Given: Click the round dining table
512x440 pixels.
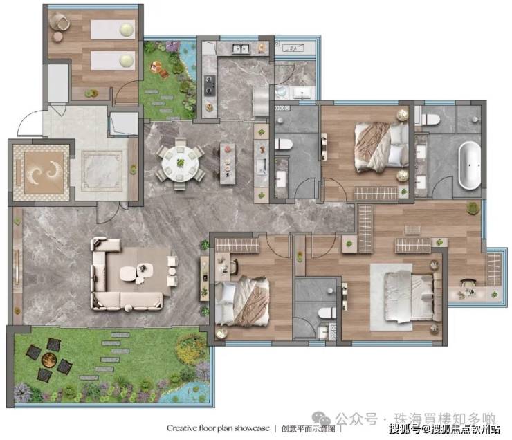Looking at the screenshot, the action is coord(181,163).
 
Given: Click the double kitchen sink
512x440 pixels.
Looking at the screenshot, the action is coord(241,48).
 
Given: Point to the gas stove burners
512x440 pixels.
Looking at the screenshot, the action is coord(210,86).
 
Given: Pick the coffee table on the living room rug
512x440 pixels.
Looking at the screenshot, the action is coord(136,273).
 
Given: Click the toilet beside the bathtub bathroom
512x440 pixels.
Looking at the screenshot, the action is coord(430,119).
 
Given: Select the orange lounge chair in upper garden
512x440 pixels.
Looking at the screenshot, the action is coord(158,69).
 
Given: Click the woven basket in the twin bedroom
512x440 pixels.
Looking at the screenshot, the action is coord(60,21).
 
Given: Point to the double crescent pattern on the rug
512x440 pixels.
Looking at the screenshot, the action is coord(44,171).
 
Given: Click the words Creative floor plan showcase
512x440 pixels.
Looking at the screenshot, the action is coord(218,428).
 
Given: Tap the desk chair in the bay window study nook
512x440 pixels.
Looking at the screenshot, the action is coord(468,283).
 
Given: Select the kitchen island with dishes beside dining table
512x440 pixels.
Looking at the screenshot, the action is coord(228,163).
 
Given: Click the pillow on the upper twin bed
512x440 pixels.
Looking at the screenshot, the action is coord(127,30).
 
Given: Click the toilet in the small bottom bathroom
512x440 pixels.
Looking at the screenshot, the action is coord(327,313).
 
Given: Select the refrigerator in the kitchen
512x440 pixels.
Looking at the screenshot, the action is coord(261,101).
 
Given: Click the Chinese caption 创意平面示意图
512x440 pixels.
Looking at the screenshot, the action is coord(309,428).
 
